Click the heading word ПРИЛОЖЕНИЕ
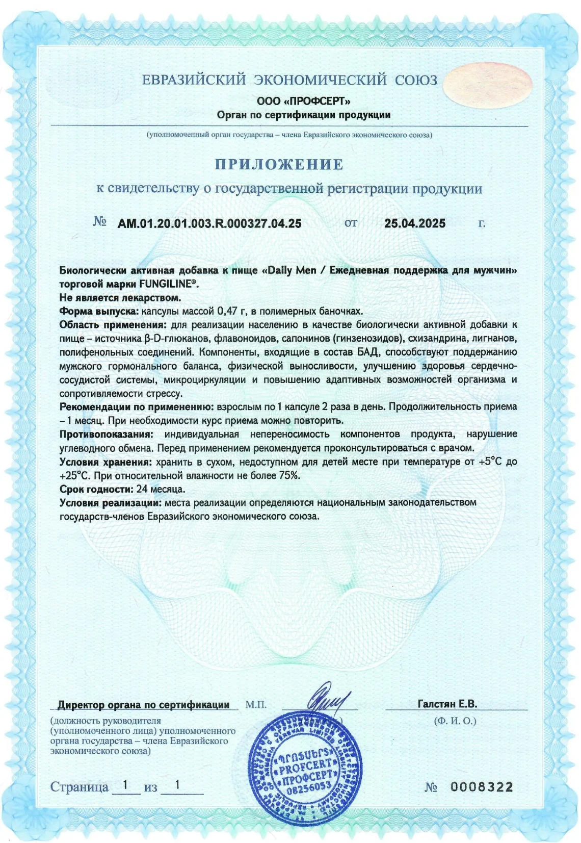[x=279, y=164]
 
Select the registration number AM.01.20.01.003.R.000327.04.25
[x=209, y=223]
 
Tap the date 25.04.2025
[x=414, y=223]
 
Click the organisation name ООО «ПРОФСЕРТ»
[x=304, y=101]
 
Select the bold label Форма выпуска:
[x=99, y=311]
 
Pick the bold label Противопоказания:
[x=106, y=434]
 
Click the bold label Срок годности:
[x=96, y=489]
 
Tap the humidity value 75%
[x=288, y=475]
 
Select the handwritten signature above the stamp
[x=326, y=699]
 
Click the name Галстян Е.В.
[x=447, y=704]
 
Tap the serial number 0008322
[x=482, y=787]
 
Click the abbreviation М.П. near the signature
[x=256, y=705]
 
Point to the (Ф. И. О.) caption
[x=455, y=721]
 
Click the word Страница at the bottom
[x=79, y=787]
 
